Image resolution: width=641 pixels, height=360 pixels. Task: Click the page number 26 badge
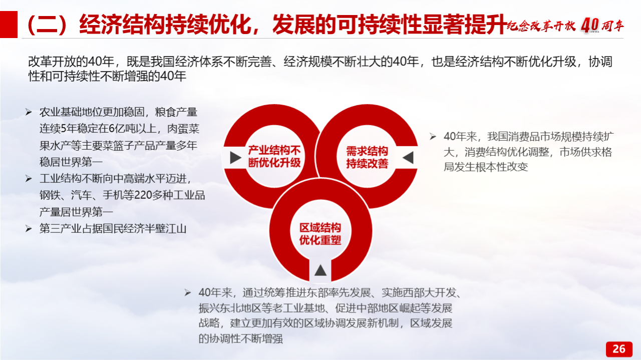(619, 349)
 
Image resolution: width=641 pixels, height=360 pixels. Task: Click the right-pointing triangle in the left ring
(235, 158)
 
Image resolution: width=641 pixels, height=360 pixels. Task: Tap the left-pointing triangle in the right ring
(408, 158)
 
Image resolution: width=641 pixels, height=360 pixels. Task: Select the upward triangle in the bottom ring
(320, 270)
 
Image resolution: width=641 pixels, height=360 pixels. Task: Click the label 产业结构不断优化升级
(274, 157)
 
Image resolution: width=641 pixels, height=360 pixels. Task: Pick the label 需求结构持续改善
(367, 157)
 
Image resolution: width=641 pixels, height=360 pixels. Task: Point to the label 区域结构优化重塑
(320, 234)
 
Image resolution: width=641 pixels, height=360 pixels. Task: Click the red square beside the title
(9, 25)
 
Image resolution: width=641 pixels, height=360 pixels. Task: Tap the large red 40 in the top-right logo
(590, 25)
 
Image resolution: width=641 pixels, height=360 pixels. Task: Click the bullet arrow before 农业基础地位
(29, 112)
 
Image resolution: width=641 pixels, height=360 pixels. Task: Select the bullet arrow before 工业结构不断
(29, 179)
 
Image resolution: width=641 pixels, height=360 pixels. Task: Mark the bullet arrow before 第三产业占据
(29, 229)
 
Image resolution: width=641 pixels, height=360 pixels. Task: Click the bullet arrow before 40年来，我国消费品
(433, 137)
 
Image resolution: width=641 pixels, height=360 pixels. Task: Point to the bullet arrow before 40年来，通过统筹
(188, 292)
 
